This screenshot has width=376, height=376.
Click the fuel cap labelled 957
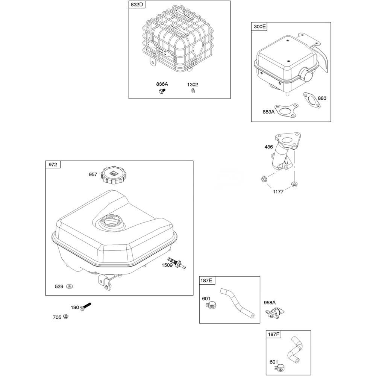click(x=112, y=176)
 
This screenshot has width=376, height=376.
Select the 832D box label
click(x=137, y=5)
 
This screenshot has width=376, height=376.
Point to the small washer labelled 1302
click(x=193, y=91)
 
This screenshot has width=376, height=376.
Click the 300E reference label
click(x=260, y=26)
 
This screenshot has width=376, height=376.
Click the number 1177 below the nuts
click(x=278, y=191)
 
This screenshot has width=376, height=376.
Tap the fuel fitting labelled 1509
click(x=177, y=263)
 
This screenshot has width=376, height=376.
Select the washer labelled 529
click(x=70, y=286)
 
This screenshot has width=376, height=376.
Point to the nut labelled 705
click(x=66, y=317)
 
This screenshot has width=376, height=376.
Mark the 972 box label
click(x=53, y=164)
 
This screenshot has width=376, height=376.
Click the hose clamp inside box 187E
click(x=211, y=306)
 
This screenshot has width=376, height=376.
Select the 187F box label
click(x=274, y=334)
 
